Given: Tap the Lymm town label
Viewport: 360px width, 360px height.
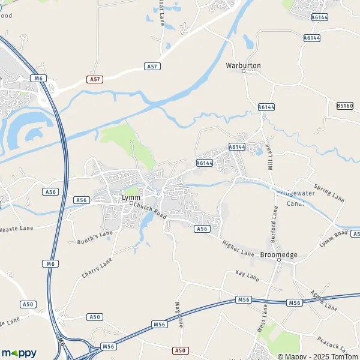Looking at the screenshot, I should (130, 197).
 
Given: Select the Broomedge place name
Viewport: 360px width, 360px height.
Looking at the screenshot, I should (279, 254).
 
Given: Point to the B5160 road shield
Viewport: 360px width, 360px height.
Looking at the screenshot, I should (344, 106).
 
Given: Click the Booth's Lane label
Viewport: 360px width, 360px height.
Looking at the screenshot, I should (95, 238).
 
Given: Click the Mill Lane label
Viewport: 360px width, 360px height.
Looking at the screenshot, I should (268, 157).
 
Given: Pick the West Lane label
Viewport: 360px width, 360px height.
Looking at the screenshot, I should (263, 320).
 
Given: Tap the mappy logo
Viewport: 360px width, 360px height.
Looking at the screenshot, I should (19, 353).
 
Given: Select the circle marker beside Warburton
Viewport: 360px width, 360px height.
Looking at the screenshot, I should (244, 71).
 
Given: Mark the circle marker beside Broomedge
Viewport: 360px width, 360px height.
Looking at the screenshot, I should (279, 260).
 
